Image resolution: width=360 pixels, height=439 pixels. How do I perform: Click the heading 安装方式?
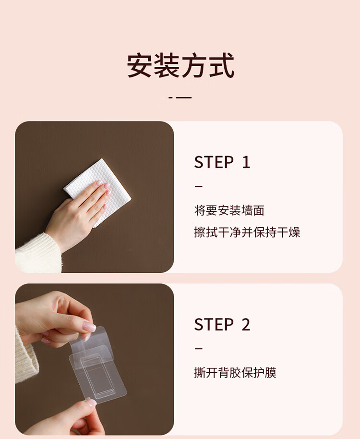point(180,65)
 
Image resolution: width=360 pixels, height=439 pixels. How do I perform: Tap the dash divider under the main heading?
point(180,98)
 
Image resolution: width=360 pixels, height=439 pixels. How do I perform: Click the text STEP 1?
point(222,162)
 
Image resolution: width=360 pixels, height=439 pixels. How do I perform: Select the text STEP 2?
point(222,325)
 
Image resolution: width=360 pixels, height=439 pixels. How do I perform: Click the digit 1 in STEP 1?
point(246,162)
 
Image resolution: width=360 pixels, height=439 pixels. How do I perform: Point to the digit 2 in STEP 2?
point(246,325)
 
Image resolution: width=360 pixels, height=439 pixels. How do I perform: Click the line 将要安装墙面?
point(229,210)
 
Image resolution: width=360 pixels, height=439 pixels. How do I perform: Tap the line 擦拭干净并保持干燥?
point(247,232)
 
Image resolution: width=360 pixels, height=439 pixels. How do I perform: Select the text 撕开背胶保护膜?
point(235,373)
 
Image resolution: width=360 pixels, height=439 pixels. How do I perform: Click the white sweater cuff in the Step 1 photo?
point(38,254)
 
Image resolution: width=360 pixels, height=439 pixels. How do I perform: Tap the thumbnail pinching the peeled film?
point(89,327)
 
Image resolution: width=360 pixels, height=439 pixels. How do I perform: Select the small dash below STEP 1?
point(198,186)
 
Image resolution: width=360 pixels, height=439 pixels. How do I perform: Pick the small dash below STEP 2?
point(198,349)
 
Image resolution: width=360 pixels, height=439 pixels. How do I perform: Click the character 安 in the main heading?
point(140,65)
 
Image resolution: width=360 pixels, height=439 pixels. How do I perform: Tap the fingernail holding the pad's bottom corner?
point(91,402)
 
